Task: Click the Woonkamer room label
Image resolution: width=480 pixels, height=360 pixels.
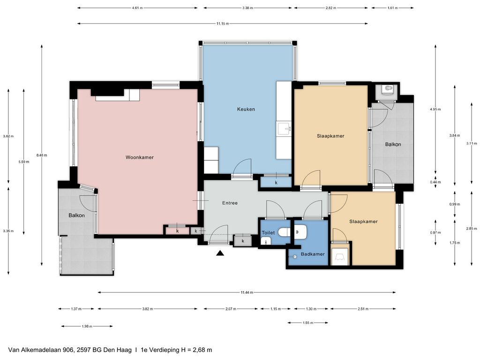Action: tap(140, 157)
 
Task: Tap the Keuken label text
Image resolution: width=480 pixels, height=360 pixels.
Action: tap(246, 109)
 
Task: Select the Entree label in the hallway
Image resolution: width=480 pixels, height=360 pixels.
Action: tap(230, 203)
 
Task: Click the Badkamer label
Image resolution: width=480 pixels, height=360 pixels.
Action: tap(313, 254)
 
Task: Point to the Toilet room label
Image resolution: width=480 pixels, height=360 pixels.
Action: tap(268, 232)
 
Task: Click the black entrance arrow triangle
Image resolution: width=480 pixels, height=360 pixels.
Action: tap(220, 253)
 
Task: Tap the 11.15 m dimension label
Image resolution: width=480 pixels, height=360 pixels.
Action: tap(223, 23)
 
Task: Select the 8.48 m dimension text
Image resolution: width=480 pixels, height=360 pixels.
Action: tap(42, 155)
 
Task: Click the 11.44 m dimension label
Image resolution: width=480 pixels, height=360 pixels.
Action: tap(247, 292)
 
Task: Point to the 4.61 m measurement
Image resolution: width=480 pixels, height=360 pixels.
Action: tap(137, 8)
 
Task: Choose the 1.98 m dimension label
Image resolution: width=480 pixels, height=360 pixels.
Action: tap(87, 326)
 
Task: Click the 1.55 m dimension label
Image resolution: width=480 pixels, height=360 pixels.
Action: tap(308, 322)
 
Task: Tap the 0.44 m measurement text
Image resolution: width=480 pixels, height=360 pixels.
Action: tap(435, 182)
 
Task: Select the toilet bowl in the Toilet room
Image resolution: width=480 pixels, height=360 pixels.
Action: tap(285, 232)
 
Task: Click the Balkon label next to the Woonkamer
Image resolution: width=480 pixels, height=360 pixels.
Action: tap(76, 216)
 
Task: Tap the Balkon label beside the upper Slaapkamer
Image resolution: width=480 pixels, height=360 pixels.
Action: tap(393, 144)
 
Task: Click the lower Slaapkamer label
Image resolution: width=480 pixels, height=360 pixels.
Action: tap(363, 222)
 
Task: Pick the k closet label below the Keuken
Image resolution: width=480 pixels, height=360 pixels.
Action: tap(276, 183)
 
